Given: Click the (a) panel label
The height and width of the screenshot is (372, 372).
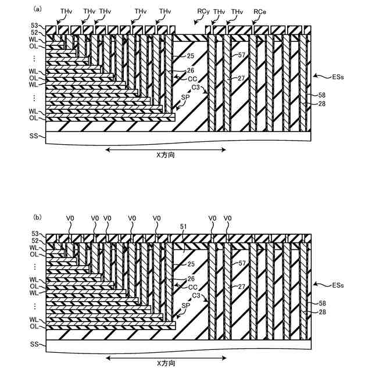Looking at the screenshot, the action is pyautogui.click(x=38, y=9).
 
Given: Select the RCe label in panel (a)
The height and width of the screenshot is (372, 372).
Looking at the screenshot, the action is pyautogui.click(x=260, y=11).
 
